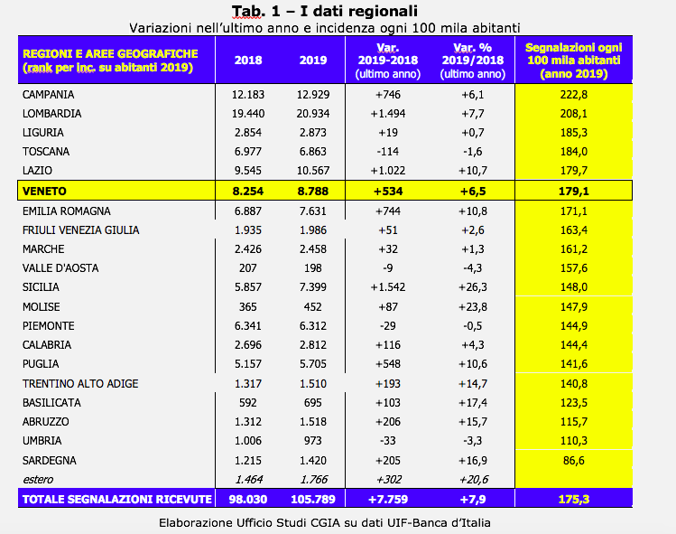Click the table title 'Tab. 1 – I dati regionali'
(x=325, y=11)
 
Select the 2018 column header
(x=248, y=60)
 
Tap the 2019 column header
(x=313, y=60)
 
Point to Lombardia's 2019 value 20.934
(x=313, y=114)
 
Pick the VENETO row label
(x=44, y=192)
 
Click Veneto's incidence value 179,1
(x=574, y=192)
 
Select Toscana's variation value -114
(x=388, y=152)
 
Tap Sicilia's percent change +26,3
(x=473, y=287)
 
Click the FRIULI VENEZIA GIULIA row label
(x=80, y=230)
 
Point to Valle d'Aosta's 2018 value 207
(x=248, y=268)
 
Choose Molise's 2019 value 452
(x=313, y=307)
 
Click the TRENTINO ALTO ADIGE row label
(x=80, y=384)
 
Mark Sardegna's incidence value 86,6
(x=574, y=461)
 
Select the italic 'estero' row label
(x=38, y=480)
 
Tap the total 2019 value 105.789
(x=313, y=500)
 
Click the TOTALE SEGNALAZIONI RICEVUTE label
(x=116, y=500)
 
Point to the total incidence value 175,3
(x=574, y=500)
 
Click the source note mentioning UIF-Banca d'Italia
(x=325, y=523)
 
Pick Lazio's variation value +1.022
(x=388, y=171)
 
